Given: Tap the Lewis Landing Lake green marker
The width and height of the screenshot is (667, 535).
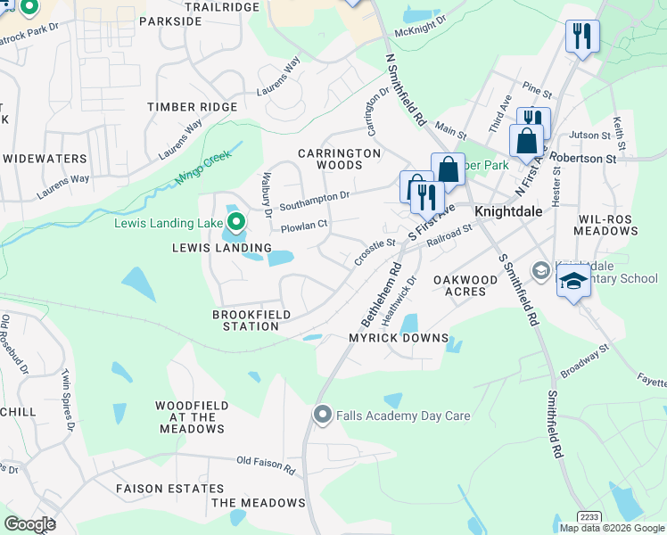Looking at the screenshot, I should (235, 221).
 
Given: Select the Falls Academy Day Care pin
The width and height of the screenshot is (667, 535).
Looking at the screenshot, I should (322, 415).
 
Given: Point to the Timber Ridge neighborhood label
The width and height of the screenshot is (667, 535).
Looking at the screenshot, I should (193, 107).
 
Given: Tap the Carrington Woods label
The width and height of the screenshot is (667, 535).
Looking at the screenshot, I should (342, 159).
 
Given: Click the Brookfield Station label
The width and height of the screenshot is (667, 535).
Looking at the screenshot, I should (245, 320).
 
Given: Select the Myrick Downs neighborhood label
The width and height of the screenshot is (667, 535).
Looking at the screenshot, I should (398, 338).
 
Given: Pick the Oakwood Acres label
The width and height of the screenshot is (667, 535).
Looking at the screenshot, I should (465, 286).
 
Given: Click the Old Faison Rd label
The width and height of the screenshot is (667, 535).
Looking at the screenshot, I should (266, 464).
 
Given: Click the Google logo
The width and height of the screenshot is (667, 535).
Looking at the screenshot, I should (29, 524).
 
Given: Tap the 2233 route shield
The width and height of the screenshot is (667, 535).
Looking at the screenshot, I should (589, 516).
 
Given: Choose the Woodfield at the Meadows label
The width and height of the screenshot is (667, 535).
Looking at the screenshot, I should (191, 416).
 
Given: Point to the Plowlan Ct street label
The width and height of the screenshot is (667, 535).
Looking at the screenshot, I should (305, 226).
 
